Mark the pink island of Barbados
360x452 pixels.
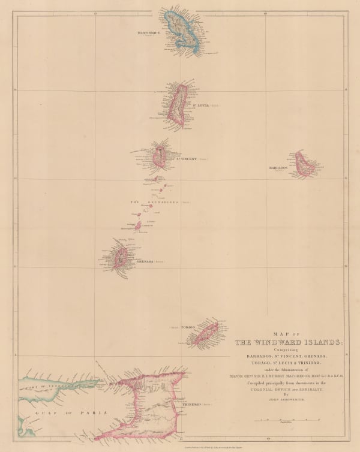[305, 163]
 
